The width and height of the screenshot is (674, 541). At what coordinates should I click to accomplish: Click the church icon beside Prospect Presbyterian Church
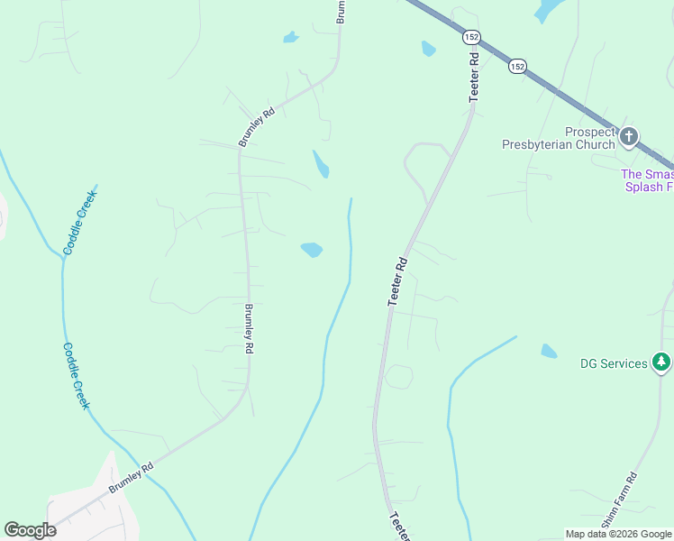tap(629, 137)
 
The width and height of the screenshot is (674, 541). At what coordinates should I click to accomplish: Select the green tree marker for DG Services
tap(662, 362)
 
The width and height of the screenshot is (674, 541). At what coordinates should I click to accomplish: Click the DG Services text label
tap(614, 363)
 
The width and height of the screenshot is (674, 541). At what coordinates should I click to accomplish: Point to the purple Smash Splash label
tap(647, 180)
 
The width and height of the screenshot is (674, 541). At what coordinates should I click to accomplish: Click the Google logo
tap(30, 530)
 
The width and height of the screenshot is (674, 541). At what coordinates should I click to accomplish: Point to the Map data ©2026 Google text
tap(618, 534)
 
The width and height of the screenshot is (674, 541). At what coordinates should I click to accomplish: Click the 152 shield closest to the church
tap(516, 66)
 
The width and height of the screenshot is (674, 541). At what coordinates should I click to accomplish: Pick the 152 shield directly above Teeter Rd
tap(471, 37)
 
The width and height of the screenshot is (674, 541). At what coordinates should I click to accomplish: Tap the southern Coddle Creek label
tap(77, 376)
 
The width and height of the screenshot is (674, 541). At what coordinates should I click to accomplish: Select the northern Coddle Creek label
tap(79, 221)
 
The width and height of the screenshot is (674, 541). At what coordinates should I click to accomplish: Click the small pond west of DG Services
tap(549, 351)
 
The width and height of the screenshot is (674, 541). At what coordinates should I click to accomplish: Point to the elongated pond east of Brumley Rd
tap(320, 164)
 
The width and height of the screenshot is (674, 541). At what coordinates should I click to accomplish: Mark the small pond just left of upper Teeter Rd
tap(428, 48)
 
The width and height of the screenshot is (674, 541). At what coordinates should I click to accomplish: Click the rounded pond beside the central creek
tap(312, 250)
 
